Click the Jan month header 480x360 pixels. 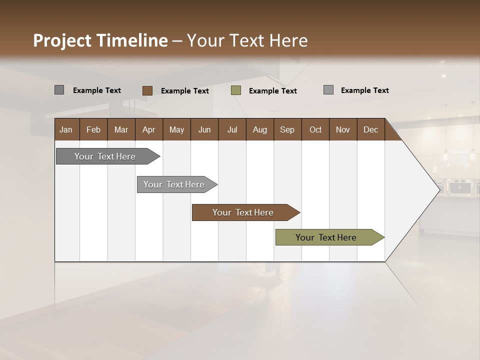tap(66, 129)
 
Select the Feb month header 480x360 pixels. tap(93, 129)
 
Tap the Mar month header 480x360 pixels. tap(121, 129)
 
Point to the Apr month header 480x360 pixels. tap(148, 129)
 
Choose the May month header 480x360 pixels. tap(176, 129)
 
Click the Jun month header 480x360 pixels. tap(204, 129)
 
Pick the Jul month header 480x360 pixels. tap(232, 129)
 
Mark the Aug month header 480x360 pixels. tap(259, 129)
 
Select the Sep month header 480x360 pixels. tap(287, 129)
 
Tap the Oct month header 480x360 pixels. tap(315, 129)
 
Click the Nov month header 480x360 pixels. tap(343, 129)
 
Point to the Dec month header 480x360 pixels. tap(370, 129)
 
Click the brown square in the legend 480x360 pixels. tap(147, 90)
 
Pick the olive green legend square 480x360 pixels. tap(236, 90)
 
